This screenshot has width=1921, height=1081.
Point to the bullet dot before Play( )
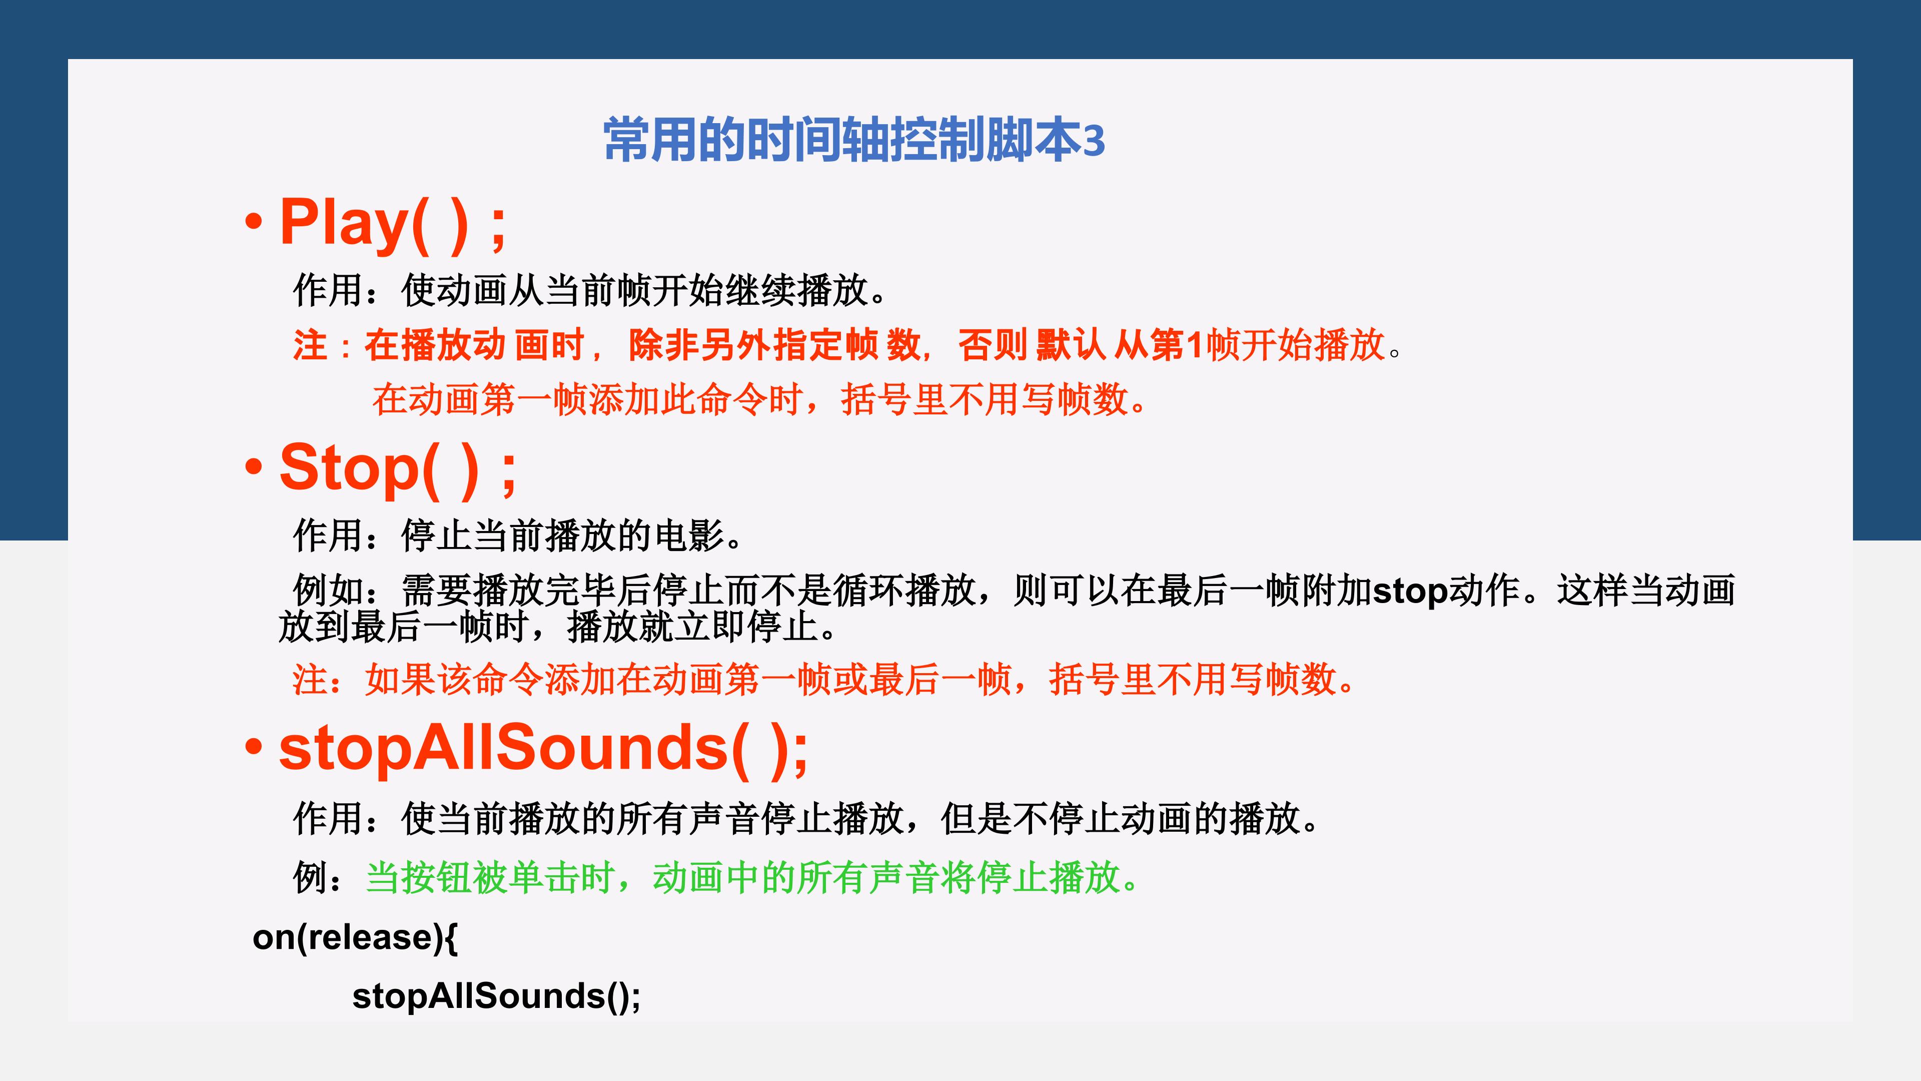[x=254, y=221]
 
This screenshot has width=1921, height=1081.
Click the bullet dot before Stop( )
[x=254, y=467]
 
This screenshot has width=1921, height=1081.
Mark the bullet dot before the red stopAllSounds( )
[x=254, y=747]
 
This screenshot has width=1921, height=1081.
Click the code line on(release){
[x=355, y=937]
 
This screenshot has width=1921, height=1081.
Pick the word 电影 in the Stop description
[x=688, y=535]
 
